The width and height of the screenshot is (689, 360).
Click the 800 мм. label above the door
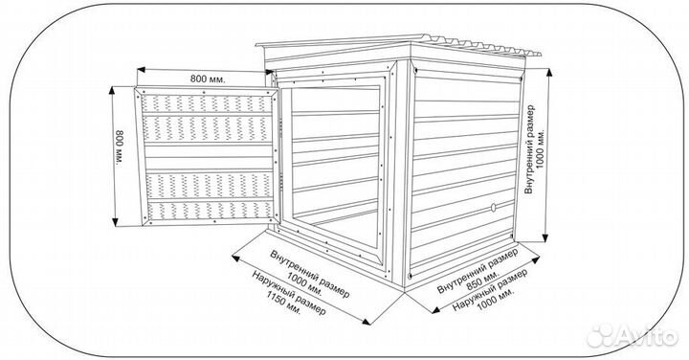pyautogui.click(x=208, y=79)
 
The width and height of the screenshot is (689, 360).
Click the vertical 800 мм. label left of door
pyautogui.click(x=119, y=147)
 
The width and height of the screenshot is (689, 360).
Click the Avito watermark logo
pyautogui.click(x=632, y=336)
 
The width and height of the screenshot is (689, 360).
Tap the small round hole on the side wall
pyautogui.click(x=493, y=207)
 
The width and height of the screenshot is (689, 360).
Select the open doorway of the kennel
pyautogui.click(x=335, y=167)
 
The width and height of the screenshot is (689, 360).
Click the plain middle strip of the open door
pyautogui.click(x=209, y=157)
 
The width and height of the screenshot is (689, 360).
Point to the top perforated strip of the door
pyautogui.click(x=206, y=103)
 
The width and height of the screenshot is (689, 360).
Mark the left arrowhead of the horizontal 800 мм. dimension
pyautogui.click(x=141, y=70)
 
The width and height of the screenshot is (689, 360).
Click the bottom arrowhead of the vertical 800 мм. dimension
pyautogui.click(x=115, y=222)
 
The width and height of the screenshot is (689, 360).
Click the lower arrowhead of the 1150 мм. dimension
pyautogui.click(x=366, y=322)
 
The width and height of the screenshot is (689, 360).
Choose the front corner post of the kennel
pyautogui.click(x=402, y=174)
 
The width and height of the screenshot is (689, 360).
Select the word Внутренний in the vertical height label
pyautogui.click(x=529, y=149)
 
